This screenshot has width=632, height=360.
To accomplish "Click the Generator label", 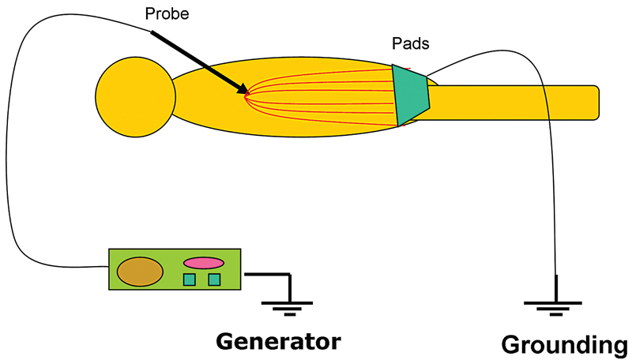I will point(279,341).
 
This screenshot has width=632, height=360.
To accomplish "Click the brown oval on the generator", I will point(140,272).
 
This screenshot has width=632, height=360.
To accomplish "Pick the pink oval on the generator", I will point(204,262).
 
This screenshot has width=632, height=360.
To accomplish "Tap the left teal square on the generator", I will point(190,279).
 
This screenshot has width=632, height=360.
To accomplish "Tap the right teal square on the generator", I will point(214,279).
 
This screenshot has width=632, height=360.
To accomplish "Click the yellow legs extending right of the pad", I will point(513,103).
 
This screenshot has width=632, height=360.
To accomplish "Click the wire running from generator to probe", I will point(11,158).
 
